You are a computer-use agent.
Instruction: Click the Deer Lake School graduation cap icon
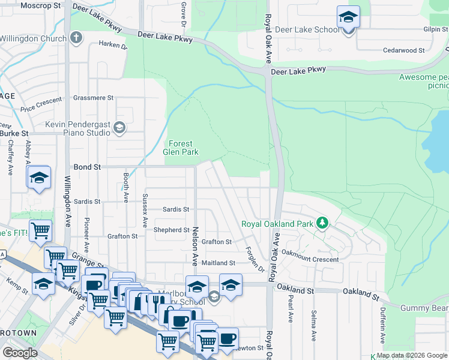[x=348, y=17]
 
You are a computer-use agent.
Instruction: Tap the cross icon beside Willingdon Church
[x=76, y=38]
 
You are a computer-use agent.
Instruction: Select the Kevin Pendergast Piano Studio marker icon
[x=119, y=127]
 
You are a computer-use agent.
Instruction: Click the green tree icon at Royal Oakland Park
[x=322, y=224]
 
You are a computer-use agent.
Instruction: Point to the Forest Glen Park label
[x=181, y=148]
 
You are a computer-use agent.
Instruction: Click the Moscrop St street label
[x=41, y=5]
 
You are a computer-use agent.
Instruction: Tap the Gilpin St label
[x=435, y=29]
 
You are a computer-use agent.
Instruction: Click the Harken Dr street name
[x=113, y=45]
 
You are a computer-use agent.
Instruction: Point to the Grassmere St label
[x=93, y=98]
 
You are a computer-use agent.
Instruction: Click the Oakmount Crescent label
[x=310, y=260]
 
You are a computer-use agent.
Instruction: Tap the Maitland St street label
[x=218, y=263]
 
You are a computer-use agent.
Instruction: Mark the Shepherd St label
[x=172, y=230]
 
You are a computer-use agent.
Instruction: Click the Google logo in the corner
[x=20, y=353]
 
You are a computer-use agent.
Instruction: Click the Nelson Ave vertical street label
[x=195, y=247]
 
